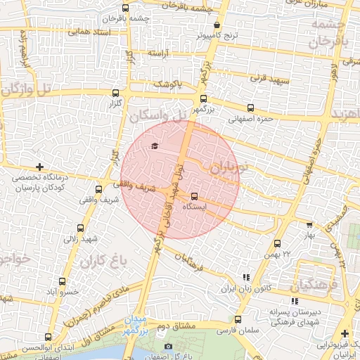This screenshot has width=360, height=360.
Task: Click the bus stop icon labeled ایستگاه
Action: coord(194,198)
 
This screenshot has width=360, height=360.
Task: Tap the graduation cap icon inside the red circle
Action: coord(154,146)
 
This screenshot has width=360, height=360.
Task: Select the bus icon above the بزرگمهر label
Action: coord(204,99)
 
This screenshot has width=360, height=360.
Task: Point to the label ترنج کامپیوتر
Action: coord(238,34)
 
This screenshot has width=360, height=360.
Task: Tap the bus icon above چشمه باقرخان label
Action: coord(105,10)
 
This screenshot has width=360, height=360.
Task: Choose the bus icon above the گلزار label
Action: coord(115,91)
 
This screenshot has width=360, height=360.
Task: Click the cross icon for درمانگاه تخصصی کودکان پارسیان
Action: coord(40,167)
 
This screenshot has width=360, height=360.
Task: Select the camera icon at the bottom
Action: coord(167,347)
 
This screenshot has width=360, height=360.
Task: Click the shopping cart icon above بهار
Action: coord(309,225)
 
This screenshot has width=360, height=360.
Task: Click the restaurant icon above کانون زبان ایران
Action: coord(245,278)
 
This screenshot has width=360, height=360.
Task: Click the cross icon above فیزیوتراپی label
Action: coord(345,333)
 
